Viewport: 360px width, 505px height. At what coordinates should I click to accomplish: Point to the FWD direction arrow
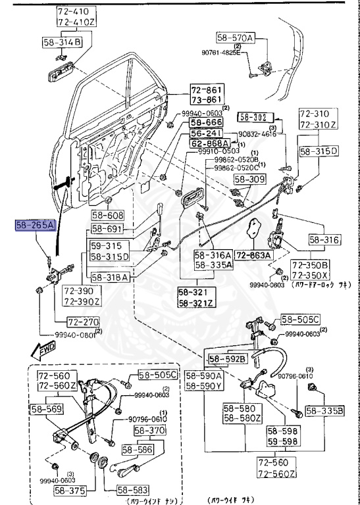pos(47,348)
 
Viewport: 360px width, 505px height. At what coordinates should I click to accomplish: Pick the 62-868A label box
pos(209,143)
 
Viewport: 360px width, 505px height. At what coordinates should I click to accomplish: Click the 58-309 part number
pos(249,178)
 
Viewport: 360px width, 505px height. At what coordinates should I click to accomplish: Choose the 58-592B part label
pos(227,358)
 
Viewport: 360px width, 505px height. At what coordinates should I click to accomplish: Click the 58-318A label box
pos(111,277)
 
